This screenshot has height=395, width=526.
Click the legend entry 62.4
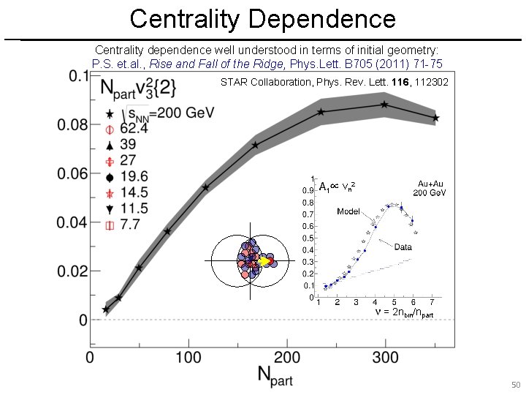pyautogui.click(x=133, y=129)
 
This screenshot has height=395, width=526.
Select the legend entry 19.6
pyautogui.click(x=133, y=176)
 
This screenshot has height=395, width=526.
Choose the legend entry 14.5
pyautogui.click(x=133, y=192)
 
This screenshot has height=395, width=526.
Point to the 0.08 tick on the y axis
pyautogui.click(x=73, y=125)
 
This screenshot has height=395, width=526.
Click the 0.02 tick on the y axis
pyautogui.click(x=73, y=271)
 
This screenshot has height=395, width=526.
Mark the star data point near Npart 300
pyautogui.click(x=384, y=105)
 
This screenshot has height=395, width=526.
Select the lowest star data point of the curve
pyautogui.click(x=106, y=309)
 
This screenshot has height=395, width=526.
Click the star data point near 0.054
pyautogui.click(x=206, y=187)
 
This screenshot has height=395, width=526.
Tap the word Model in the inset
pyautogui.click(x=348, y=211)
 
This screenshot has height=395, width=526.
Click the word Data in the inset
pyautogui.click(x=403, y=247)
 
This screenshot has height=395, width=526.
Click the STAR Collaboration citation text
pyautogui.click(x=334, y=83)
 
